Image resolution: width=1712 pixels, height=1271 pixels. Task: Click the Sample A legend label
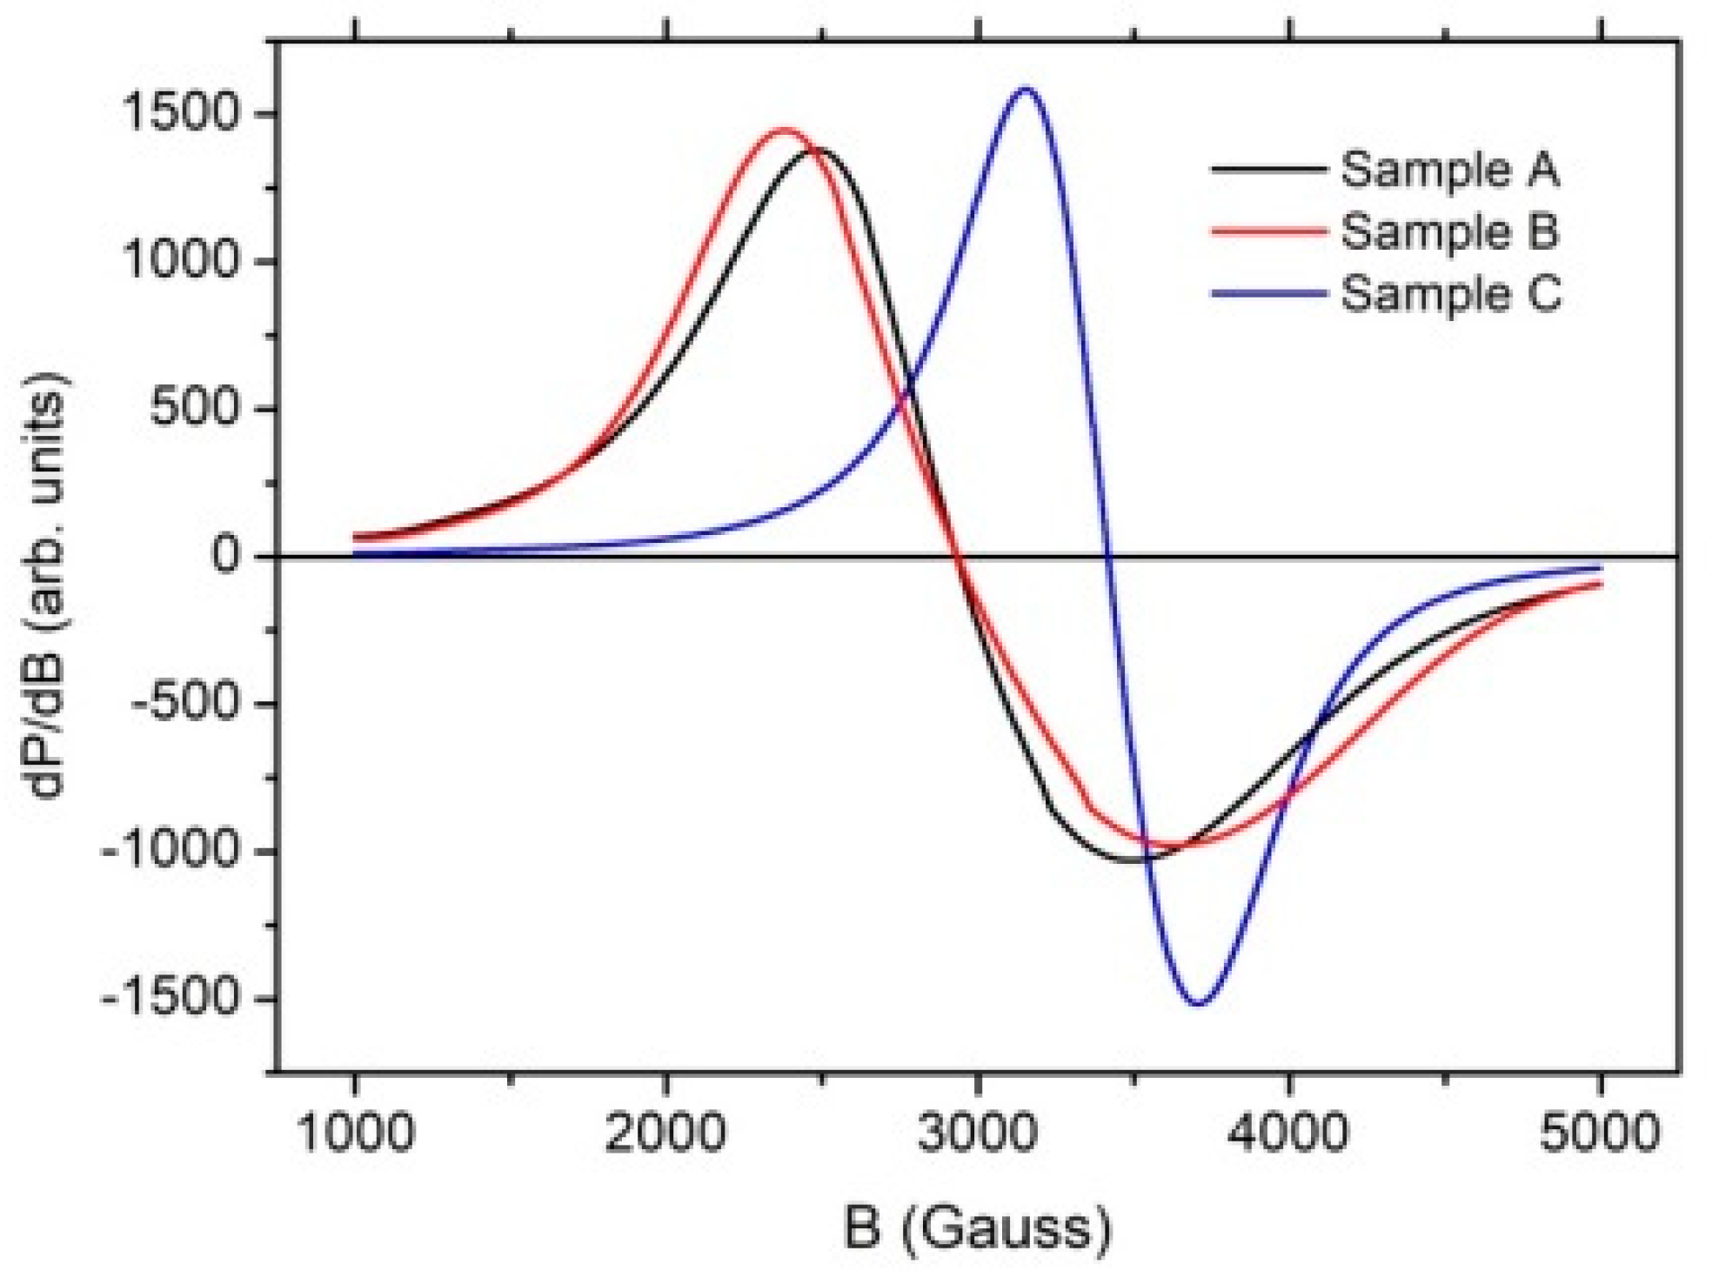tap(1449, 170)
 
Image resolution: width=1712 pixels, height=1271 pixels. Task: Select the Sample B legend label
tap(1449, 232)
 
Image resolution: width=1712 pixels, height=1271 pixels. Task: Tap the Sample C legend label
tap(1451, 294)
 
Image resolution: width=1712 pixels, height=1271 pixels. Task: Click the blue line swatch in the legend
tap(1268, 294)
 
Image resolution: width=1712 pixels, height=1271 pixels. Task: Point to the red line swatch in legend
tap(1268, 232)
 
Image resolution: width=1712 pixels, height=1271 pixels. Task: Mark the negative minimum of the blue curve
tap(1199, 1003)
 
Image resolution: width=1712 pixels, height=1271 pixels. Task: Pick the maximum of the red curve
tap(784, 130)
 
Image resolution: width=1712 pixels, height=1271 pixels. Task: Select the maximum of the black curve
tap(819, 151)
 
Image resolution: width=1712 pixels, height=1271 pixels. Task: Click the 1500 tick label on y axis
tap(180, 114)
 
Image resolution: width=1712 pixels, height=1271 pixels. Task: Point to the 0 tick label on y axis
tap(224, 556)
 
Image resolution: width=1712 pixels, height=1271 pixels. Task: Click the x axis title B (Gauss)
tap(977, 1228)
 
